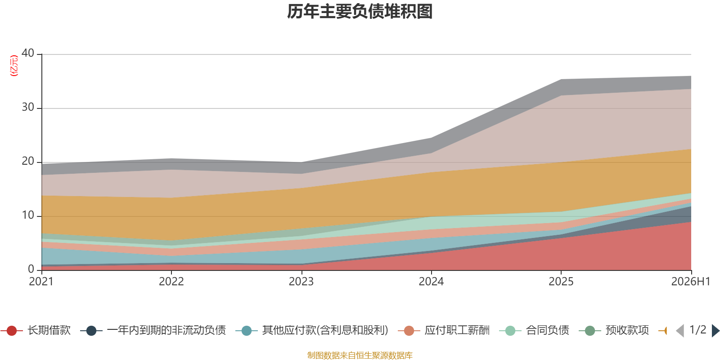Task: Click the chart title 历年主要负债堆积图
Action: tap(360, 12)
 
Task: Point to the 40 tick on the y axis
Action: tap(27, 53)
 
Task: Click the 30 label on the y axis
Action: tap(27, 107)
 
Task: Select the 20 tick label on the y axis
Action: tap(27, 161)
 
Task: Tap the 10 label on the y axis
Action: tap(27, 215)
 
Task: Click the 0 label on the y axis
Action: tap(31, 269)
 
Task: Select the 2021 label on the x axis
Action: tap(41, 282)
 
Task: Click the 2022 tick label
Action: tap(171, 282)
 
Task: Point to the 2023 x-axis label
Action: tap(301, 282)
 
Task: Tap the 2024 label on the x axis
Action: tap(431, 282)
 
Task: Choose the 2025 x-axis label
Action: tap(561, 282)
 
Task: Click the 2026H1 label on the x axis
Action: tap(690, 282)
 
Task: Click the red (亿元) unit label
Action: tap(14, 66)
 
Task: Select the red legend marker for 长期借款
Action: tap(12, 330)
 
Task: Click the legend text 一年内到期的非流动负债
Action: tap(166, 330)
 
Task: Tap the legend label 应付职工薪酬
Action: tap(457, 330)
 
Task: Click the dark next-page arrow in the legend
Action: tap(715, 331)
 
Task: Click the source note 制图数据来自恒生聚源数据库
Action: tap(360, 355)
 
